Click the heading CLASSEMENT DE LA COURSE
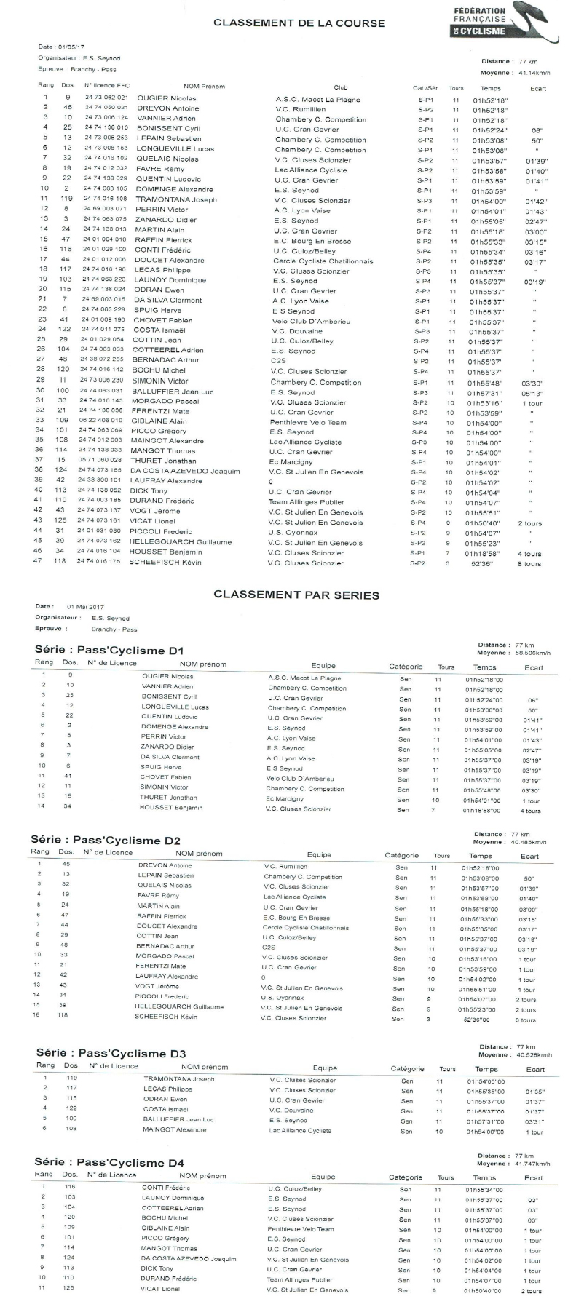coord(299,23)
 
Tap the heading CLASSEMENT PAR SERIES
coord(296,595)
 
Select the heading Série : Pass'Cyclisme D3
coord(110,1053)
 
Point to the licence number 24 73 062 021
coord(106,98)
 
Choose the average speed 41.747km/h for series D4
coord(533,1164)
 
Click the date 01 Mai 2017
coord(85,606)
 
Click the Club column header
coord(340,87)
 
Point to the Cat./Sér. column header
coord(425,88)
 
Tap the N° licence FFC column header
coord(108,86)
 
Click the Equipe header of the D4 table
coord(323,1176)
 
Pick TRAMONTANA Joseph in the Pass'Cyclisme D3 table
coord(178,1079)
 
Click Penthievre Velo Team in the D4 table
coord(301,1228)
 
